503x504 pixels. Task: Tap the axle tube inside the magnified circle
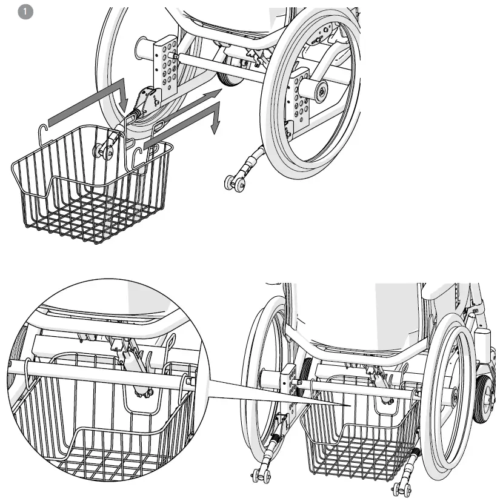click(109, 375)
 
